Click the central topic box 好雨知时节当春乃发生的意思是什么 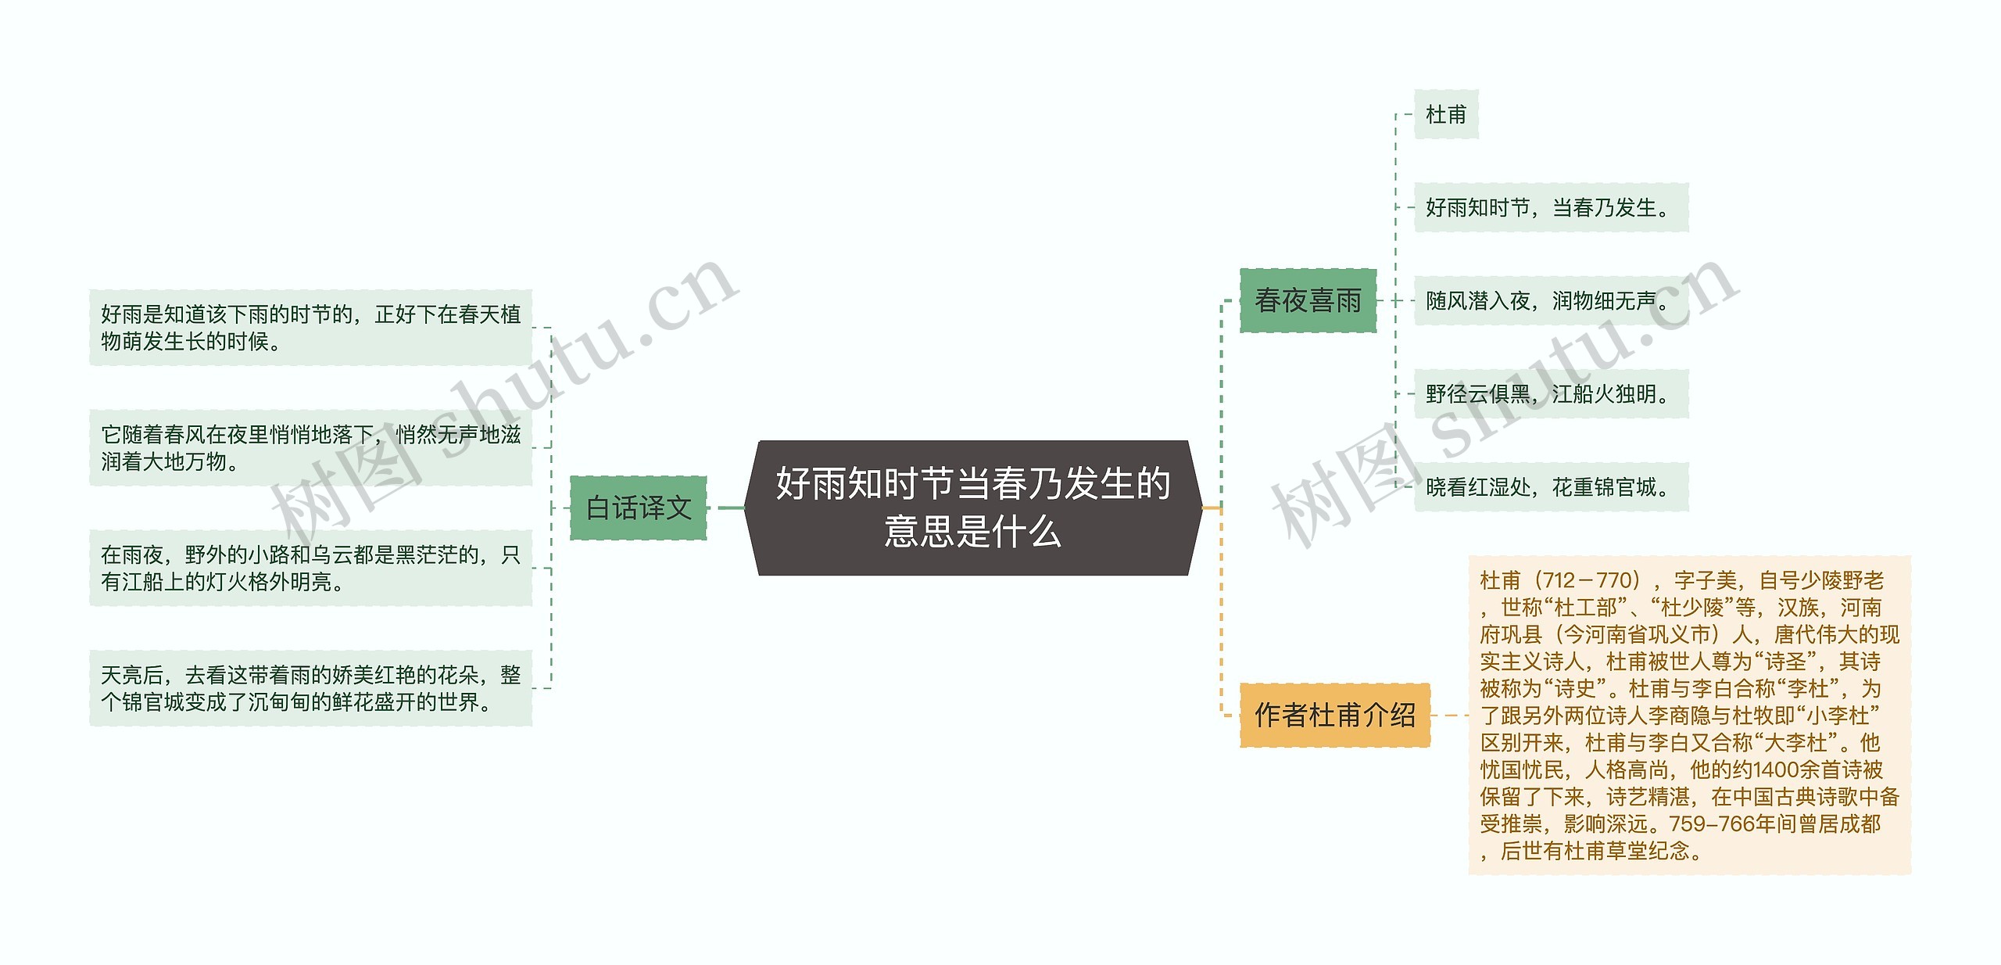[973, 508]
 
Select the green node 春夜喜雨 [1308, 300]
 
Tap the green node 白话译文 [638, 508]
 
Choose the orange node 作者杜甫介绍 [1334, 715]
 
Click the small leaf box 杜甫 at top [1445, 115]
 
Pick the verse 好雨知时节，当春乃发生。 [1550, 208]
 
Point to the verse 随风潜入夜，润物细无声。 [1550, 301]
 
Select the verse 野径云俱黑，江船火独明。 [1550, 394]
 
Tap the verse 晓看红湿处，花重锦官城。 [1550, 487]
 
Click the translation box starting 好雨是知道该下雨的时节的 [310, 328]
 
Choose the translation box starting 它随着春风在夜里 [310, 448]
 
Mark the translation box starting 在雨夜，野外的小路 [310, 569]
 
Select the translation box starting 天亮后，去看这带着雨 [310, 688]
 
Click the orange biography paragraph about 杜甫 [1689, 716]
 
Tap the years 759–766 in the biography [1701, 824]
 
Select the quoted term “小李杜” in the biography [1838, 716]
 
